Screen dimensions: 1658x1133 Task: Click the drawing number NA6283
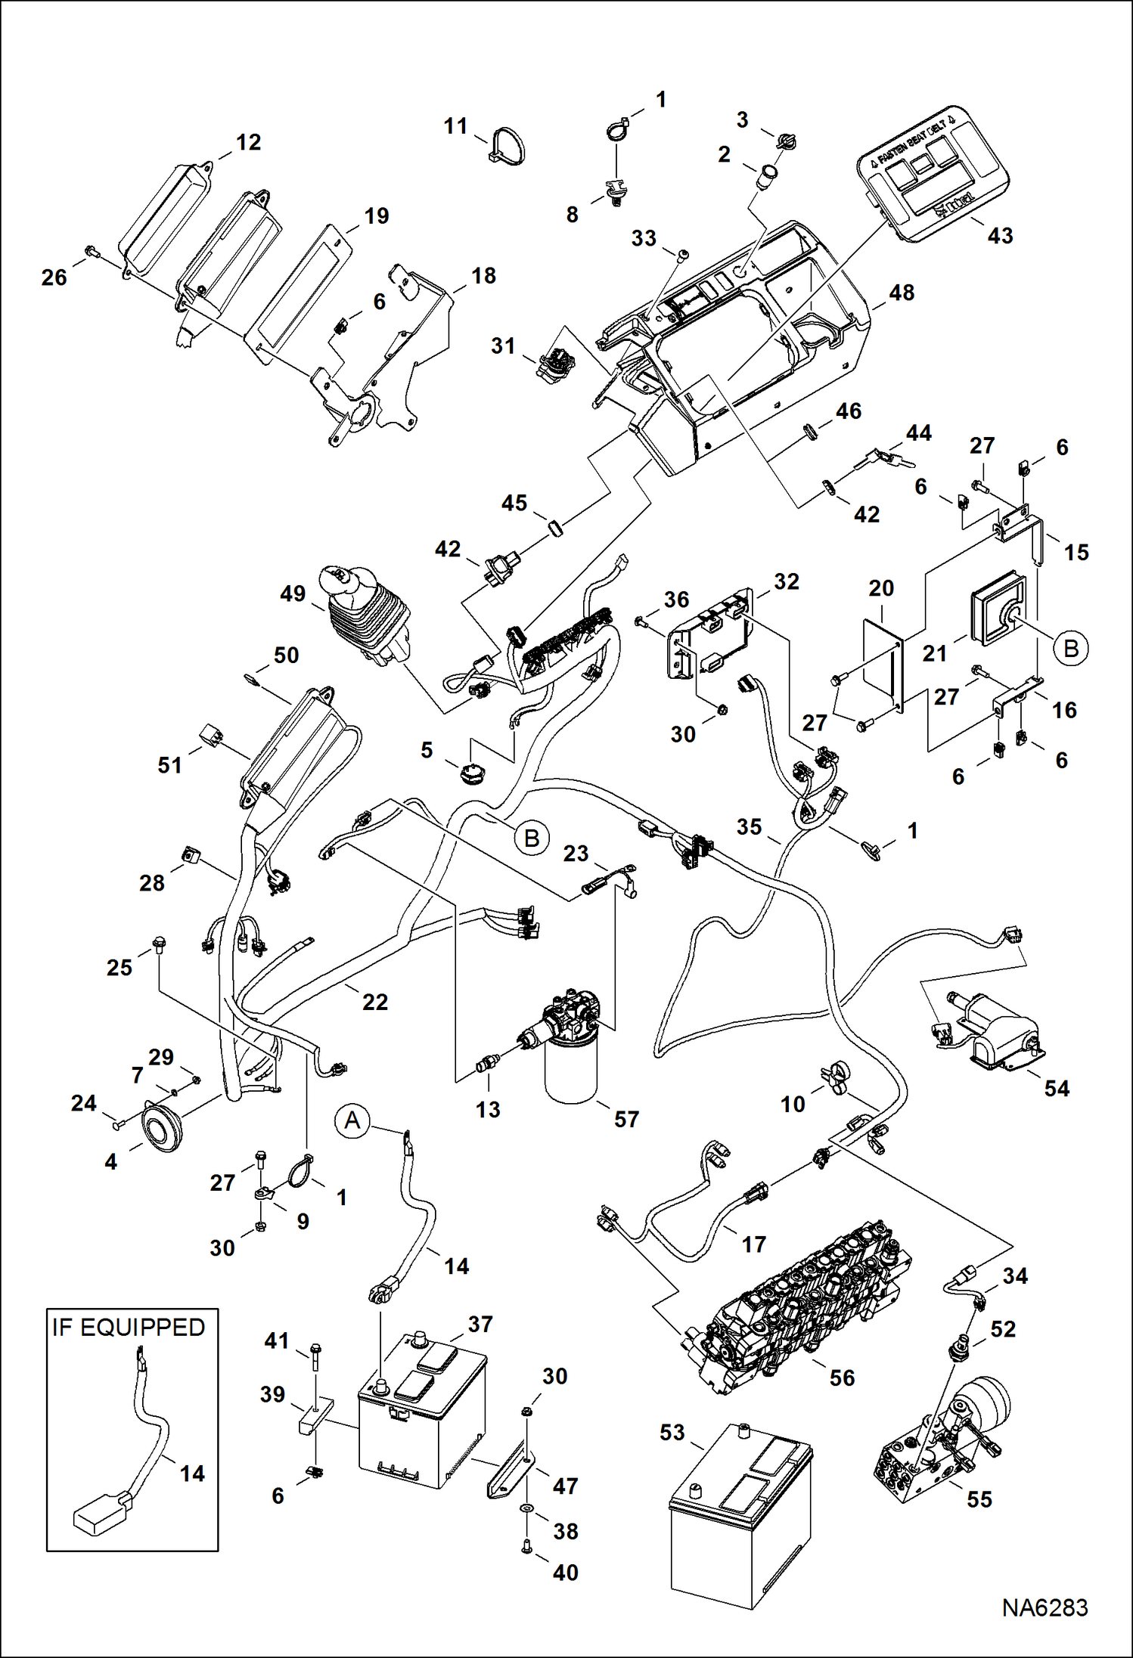(1045, 1607)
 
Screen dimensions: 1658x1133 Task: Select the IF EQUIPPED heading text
(129, 1328)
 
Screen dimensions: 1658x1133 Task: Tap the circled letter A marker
(352, 1120)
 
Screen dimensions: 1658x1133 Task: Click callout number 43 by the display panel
(999, 236)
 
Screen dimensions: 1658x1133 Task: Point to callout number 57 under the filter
(626, 1119)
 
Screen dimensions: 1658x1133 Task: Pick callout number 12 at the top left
(248, 142)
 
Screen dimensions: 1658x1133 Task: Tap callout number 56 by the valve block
(842, 1378)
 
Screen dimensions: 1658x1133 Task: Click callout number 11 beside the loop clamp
(455, 126)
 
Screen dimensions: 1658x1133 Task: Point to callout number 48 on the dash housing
(902, 293)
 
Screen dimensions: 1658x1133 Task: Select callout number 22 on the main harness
(374, 1002)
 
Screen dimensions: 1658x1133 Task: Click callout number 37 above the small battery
(480, 1325)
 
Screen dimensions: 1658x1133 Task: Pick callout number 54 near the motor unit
(1057, 1089)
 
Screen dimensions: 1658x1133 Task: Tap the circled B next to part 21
(1071, 649)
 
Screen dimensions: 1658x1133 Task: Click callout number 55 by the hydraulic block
(979, 1499)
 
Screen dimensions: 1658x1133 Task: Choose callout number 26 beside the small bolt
(54, 277)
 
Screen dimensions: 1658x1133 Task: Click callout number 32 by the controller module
(786, 581)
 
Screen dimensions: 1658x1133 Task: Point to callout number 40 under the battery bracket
(565, 1573)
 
